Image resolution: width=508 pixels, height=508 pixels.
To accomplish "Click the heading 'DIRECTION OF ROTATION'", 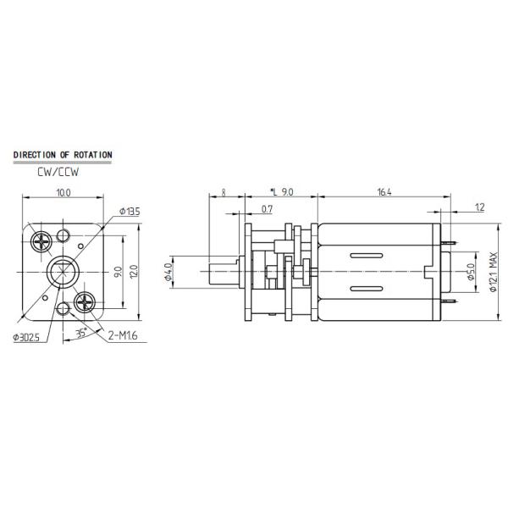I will (63, 155).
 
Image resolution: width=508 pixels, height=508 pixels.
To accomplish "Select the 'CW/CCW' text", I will (57, 171).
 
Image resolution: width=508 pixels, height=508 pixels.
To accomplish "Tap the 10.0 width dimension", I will (63, 193).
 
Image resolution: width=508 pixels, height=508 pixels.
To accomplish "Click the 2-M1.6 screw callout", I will (124, 335).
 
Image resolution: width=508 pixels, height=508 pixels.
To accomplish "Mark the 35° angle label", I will (81, 333).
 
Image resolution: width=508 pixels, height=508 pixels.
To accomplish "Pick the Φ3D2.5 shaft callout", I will (28, 337).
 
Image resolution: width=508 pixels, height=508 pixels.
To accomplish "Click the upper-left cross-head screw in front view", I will (41, 242).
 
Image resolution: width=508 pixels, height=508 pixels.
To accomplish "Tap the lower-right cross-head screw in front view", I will (86, 301).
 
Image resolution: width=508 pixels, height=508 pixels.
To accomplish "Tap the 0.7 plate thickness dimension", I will (268, 208).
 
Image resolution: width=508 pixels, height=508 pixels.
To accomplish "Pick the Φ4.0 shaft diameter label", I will (169, 273).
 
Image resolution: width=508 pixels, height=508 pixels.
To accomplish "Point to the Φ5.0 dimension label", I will (471, 273).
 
